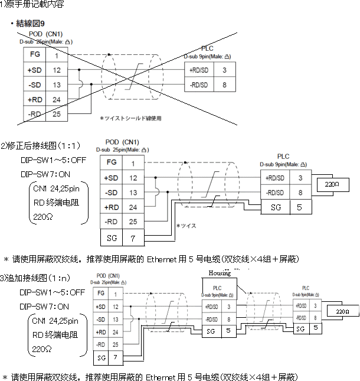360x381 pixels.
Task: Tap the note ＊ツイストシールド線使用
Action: tap(130, 118)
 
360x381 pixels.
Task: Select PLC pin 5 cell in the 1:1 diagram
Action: tap(300, 207)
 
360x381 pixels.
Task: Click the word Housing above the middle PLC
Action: tap(220, 272)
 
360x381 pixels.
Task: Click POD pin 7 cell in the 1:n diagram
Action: tap(116, 357)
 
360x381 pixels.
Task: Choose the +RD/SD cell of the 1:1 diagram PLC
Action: tap(274, 177)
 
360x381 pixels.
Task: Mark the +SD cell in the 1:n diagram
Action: tap(100, 307)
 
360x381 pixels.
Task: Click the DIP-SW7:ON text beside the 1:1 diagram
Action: tap(45, 174)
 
